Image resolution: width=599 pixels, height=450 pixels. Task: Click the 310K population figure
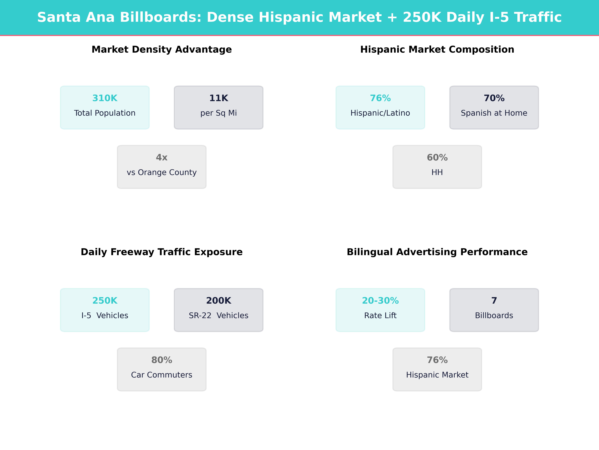pyautogui.click(x=105, y=98)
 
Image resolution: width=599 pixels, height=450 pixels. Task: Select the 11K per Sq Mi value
pyautogui.click(x=219, y=98)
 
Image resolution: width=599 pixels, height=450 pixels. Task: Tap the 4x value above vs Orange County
pyautogui.click(x=162, y=158)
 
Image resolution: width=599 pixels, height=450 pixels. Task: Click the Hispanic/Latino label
pyautogui.click(x=380, y=113)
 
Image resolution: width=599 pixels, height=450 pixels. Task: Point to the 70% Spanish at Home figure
pyautogui.click(x=494, y=98)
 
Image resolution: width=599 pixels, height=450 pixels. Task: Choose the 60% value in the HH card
pyautogui.click(x=437, y=158)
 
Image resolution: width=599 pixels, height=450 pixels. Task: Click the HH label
pyautogui.click(x=437, y=172)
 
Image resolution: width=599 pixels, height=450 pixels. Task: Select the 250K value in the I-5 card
pyautogui.click(x=105, y=301)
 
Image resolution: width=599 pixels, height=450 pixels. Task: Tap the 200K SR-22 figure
pyautogui.click(x=219, y=301)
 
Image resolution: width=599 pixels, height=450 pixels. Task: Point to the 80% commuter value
pyautogui.click(x=162, y=360)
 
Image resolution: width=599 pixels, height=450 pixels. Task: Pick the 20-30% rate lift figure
pyautogui.click(x=380, y=301)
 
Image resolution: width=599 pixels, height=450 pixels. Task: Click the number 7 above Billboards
pyautogui.click(x=494, y=301)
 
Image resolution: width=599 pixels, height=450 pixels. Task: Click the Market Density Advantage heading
pyautogui.click(x=162, y=50)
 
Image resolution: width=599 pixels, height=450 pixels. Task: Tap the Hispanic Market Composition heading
pyautogui.click(x=437, y=50)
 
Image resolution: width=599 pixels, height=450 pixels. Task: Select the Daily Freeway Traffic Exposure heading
pyautogui.click(x=162, y=252)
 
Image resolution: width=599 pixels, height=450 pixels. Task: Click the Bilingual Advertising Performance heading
pyautogui.click(x=437, y=252)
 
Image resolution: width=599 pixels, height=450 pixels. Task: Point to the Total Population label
pyautogui.click(x=105, y=113)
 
